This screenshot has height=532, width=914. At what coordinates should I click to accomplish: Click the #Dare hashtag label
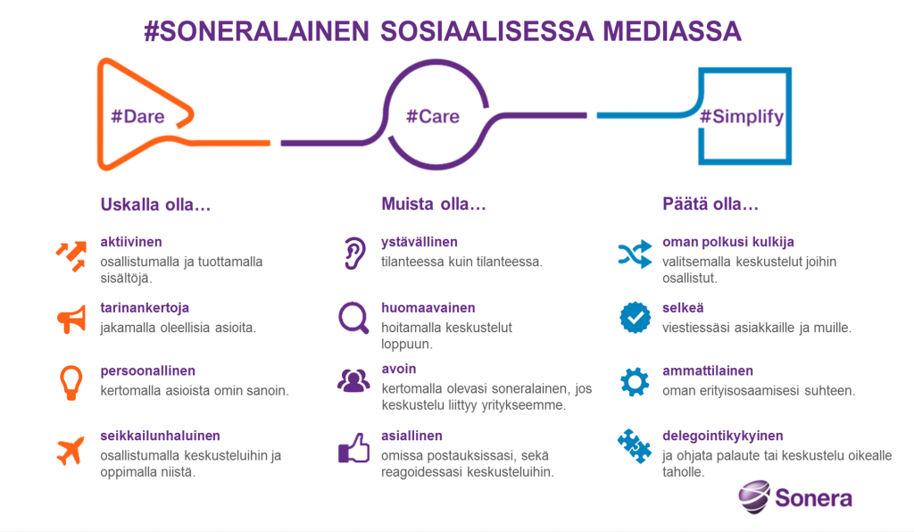point(137,117)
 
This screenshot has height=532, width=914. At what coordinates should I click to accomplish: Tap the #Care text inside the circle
point(433,117)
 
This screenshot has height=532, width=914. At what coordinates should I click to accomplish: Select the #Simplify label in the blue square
point(742,117)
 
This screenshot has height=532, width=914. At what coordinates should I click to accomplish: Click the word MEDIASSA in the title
point(672,31)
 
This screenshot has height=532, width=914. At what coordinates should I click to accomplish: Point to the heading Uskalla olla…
point(155,204)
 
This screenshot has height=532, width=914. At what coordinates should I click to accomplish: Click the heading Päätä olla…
point(710,204)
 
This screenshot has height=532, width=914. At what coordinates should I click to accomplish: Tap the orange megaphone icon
point(71,319)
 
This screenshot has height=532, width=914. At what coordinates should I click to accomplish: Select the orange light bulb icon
point(71,383)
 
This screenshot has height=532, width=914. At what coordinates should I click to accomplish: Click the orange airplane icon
point(71,451)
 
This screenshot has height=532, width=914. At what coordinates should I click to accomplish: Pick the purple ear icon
point(354,254)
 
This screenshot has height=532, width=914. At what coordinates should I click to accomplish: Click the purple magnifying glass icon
point(353,318)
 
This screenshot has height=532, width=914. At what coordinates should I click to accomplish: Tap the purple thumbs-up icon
point(353,448)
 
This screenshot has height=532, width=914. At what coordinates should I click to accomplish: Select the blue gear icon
point(635,382)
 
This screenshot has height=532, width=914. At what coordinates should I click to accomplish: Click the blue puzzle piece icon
point(635,445)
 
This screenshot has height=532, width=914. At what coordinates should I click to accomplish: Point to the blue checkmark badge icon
point(635,318)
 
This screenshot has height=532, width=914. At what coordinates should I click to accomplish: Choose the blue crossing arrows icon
point(635,254)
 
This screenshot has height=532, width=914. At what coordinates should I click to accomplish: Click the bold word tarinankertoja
point(145,308)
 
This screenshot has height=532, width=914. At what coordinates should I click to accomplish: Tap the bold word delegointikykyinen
point(723,436)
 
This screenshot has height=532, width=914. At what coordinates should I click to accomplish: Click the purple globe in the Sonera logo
point(753,496)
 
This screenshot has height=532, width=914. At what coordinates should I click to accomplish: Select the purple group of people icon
point(353,381)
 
